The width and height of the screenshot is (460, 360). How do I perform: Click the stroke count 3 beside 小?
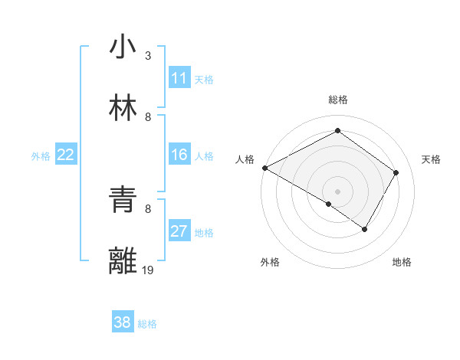(x=148, y=56)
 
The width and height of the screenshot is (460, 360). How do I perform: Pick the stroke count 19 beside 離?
(x=148, y=270)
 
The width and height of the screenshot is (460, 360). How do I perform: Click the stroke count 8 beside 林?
(x=148, y=117)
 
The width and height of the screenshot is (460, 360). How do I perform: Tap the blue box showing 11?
(x=179, y=78)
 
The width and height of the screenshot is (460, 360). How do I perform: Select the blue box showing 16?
(x=179, y=155)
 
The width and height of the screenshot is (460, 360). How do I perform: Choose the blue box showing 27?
(x=179, y=231)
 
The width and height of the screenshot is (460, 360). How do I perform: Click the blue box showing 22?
(x=66, y=155)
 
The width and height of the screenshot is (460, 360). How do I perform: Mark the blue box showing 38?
(x=123, y=322)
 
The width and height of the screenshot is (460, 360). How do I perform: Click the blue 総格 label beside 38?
(x=147, y=324)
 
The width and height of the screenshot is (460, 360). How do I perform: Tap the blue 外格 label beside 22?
(x=41, y=156)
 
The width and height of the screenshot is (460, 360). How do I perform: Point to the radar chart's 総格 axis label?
(x=337, y=100)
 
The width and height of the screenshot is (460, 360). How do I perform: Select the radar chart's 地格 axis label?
(x=402, y=262)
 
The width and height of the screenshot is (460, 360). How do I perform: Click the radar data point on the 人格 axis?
(x=264, y=168)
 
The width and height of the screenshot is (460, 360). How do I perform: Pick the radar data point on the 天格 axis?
(x=396, y=172)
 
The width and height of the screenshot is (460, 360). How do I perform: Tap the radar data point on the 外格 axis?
(x=328, y=204)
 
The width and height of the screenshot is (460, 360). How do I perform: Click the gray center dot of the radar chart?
(x=337, y=191)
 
